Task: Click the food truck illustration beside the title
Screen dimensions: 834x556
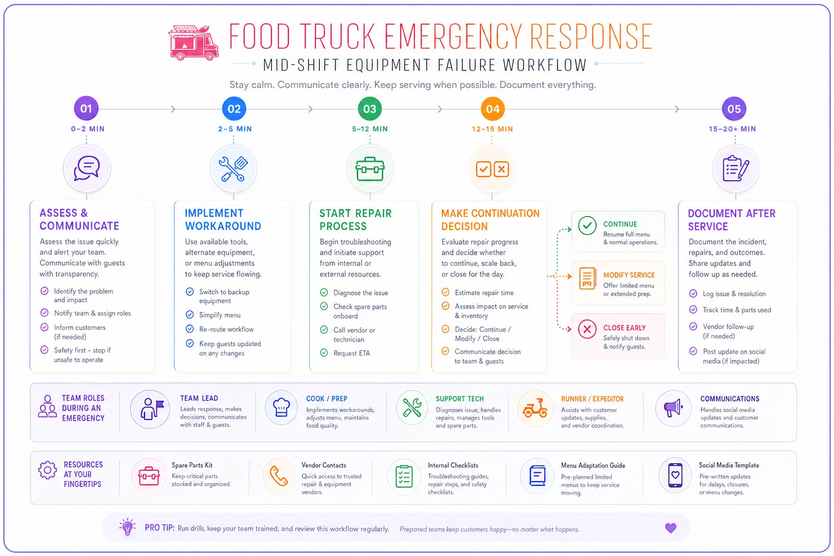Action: [x=193, y=43]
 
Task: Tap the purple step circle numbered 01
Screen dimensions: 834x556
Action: [x=86, y=109]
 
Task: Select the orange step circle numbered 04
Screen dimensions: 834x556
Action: [x=492, y=109]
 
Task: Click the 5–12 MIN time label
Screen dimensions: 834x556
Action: [x=370, y=129]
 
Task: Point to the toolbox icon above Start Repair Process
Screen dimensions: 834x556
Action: [x=370, y=169]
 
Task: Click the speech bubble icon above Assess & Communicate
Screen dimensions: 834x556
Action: [x=87, y=168]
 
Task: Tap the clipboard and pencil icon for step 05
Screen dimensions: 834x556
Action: [x=735, y=168]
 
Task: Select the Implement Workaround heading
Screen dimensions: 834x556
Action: [x=223, y=219]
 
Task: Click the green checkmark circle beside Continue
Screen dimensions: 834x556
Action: [x=587, y=225]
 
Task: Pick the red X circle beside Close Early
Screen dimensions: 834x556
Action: [x=587, y=329]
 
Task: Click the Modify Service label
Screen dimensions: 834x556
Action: [x=629, y=275]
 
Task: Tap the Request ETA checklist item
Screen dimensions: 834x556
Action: [x=351, y=353]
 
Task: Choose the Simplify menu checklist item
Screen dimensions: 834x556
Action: [x=220, y=315]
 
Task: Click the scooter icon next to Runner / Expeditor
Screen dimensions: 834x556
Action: [x=535, y=408]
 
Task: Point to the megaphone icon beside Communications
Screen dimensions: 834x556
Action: [x=673, y=408]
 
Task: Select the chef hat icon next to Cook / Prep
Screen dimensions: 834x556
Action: [x=281, y=407]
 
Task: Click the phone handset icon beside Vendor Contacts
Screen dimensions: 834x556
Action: [x=279, y=476]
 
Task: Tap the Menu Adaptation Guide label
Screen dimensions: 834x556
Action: [x=593, y=465]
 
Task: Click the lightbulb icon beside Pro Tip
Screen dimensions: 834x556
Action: [x=128, y=527]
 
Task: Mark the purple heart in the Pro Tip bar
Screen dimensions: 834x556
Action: [x=671, y=528]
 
